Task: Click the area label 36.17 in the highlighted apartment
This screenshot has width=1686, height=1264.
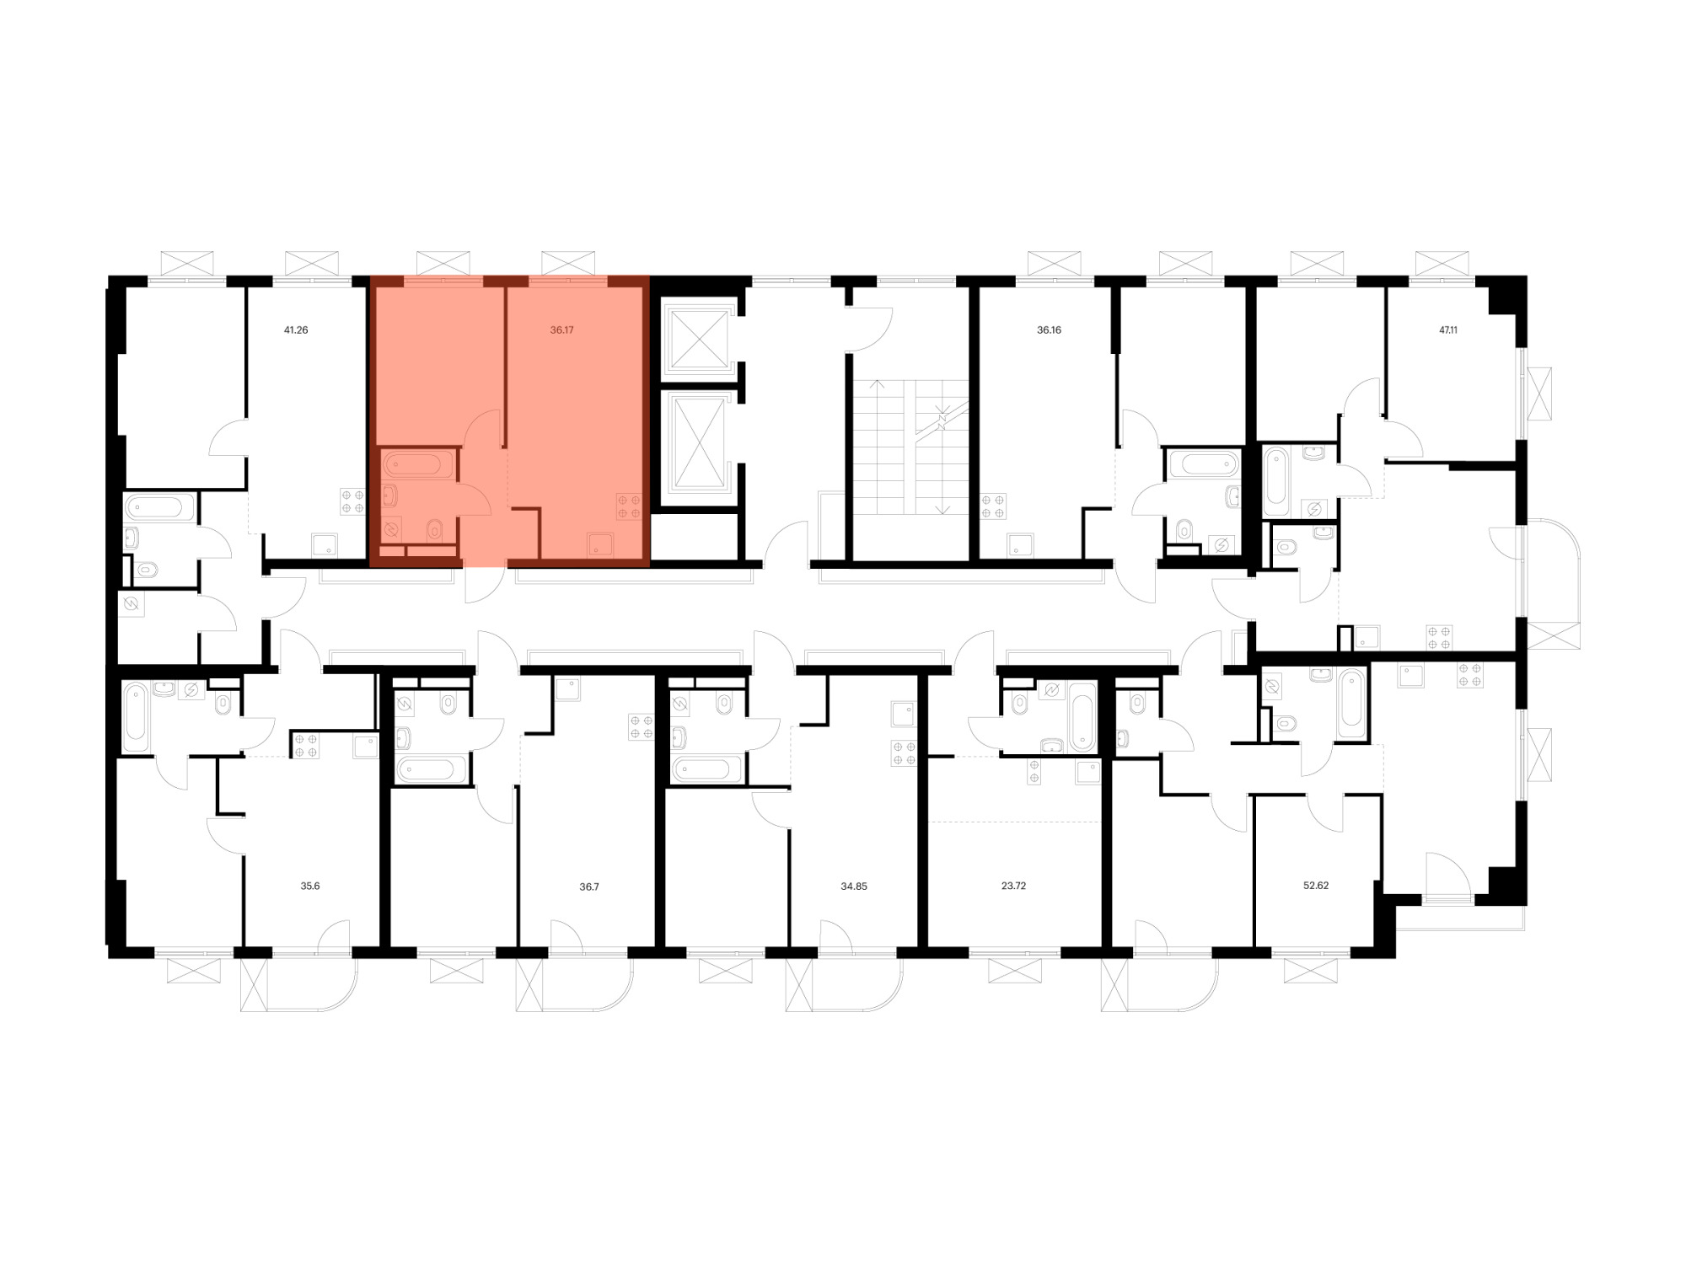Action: pyautogui.click(x=561, y=330)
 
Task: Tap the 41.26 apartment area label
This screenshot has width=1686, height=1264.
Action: pyautogui.click(x=296, y=330)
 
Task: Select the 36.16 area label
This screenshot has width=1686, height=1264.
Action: pyautogui.click(x=1049, y=330)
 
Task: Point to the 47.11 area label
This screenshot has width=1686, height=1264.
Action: pyautogui.click(x=1448, y=330)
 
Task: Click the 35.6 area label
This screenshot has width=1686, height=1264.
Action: pyautogui.click(x=310, y=886)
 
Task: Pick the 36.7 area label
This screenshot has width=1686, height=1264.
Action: pyautogui.click(x=589, y=886)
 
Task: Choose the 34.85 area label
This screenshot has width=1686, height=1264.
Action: pyautogui.click(x=854, y=886)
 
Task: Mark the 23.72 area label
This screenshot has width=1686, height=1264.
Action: pyautogui.click(x=1013, y=886)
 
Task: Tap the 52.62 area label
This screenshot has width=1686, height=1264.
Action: pyautogui.click(x=1316, y=886)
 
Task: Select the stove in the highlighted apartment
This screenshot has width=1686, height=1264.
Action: pyautogui.click(x=629, y=506)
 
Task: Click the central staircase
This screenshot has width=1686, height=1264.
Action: pyautogui.click(x=910, y=447)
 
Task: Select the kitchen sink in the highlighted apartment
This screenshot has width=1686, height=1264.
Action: pyautogui.click(x=600, y=545)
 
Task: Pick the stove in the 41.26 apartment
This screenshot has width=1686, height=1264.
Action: pyautogui.click(x=352, y=501)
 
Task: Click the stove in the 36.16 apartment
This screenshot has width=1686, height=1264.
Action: pyautogui.click(x=993, y=506)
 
